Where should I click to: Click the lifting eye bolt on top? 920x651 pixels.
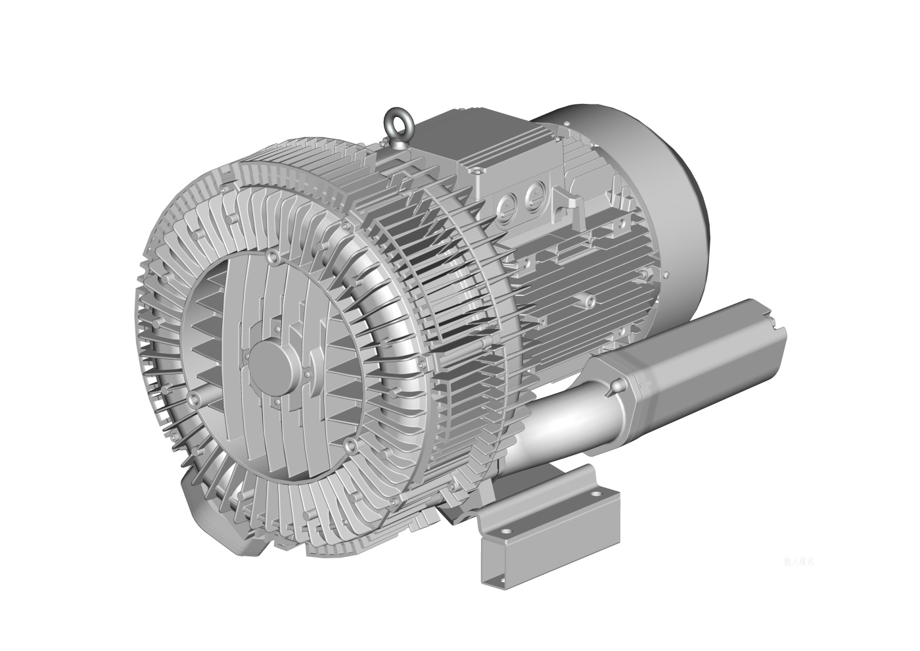point(400,123)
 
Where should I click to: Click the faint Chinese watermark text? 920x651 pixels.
point(798,562)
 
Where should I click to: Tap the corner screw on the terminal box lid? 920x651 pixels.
point(478,170)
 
